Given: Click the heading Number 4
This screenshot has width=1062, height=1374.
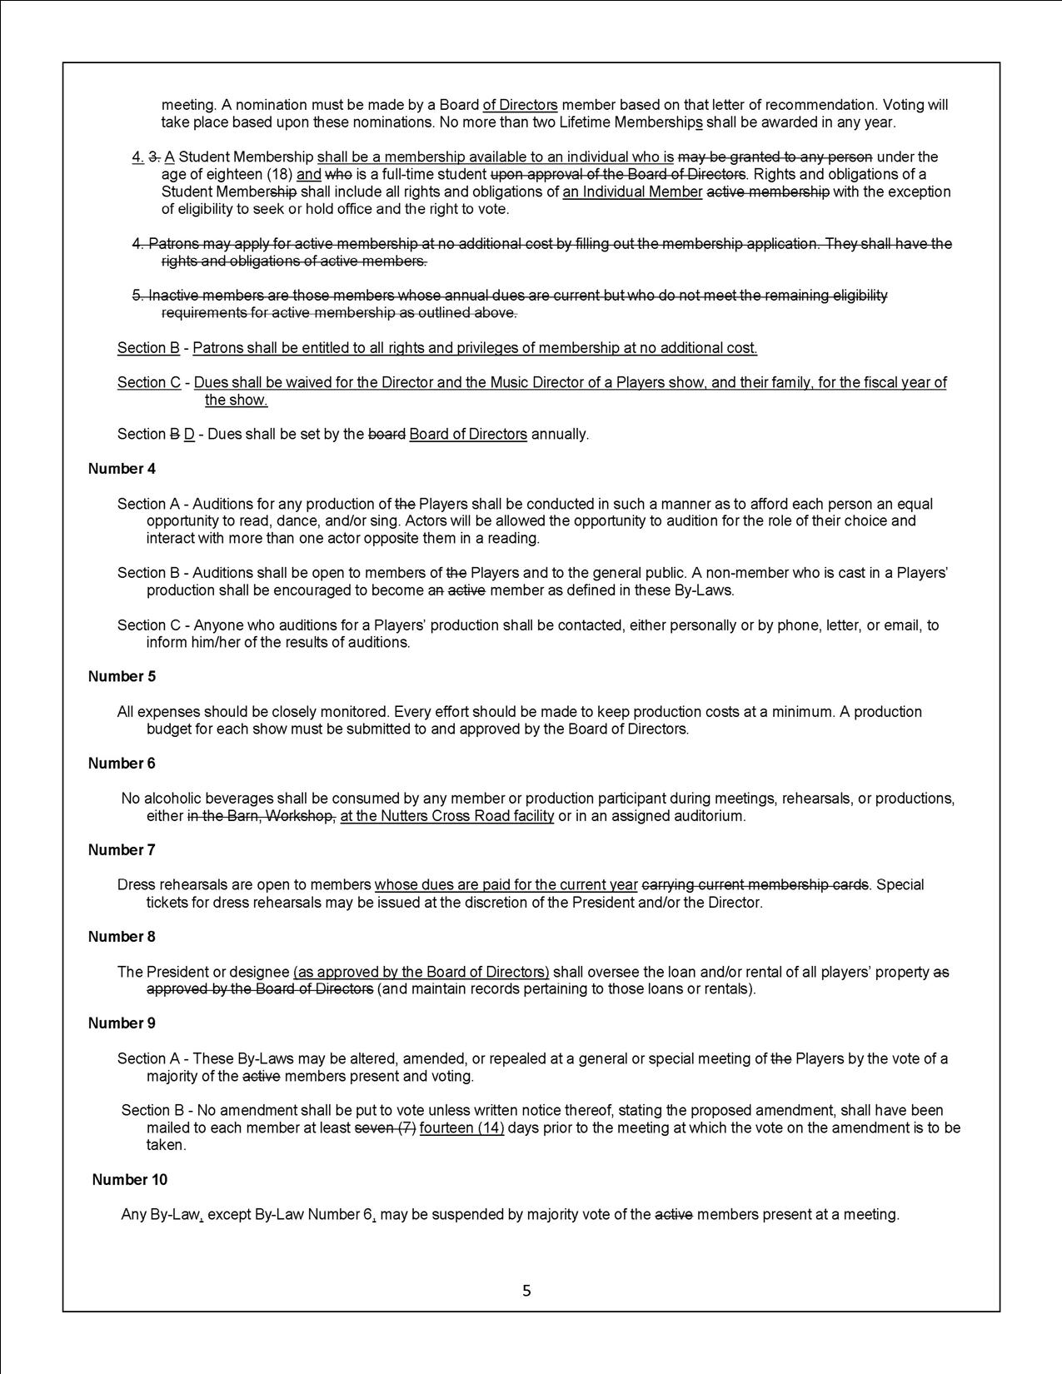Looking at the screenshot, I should tap(122, 469).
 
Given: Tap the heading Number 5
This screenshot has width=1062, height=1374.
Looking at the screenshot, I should tap(122, 676).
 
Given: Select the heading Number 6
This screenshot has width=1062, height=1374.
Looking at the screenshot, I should tap(122, 764).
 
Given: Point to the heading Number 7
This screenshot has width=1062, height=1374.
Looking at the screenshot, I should tap(122, 850).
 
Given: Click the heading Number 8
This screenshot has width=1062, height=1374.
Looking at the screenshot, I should tap(122, 937).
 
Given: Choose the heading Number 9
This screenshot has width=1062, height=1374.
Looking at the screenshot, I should tap(122, 1023).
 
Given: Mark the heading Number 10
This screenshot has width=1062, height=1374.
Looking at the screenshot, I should tap(129, 1180).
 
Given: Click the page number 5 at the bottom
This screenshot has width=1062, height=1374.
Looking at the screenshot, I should tap(526, 1291).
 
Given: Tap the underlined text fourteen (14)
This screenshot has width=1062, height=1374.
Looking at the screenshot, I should tap(461, 1128).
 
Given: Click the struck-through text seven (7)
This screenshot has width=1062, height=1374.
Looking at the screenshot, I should tap(386, 1128).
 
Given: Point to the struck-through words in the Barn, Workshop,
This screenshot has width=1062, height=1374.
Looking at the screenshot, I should tap(262, 816).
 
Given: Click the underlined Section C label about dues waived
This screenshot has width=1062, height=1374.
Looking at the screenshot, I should tap(149, 383).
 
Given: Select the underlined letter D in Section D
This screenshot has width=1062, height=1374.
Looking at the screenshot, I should tap(189, 435).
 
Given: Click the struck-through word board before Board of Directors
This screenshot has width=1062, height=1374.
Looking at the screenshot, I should tap(386, 435).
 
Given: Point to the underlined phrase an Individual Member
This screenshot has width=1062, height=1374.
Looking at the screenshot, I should tap(632, 192).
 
